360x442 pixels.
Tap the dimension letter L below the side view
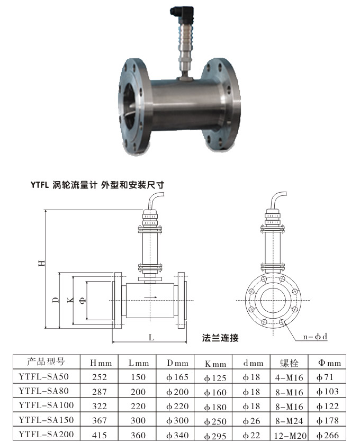click(151, 337)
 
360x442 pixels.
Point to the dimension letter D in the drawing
click(55, 300)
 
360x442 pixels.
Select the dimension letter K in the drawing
click(70, 300)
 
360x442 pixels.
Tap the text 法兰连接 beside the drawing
click(221, 337)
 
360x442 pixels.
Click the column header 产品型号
click(46, 362)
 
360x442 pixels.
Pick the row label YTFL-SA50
click(47, 377)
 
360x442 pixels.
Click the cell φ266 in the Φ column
click(328, 435)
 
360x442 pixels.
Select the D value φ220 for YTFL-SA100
click(177, 406)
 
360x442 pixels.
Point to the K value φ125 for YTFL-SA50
click(215, 377)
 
